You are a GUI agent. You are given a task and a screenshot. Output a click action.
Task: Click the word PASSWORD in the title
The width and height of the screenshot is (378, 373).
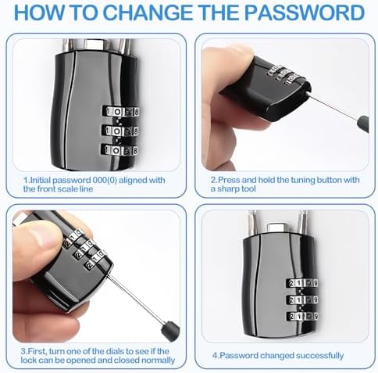click(x=305, y=13)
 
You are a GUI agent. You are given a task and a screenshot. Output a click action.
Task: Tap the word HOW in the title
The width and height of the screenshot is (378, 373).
click(x=40, y=13)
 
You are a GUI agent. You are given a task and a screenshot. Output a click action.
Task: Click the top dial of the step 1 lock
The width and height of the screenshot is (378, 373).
click(x=121, y=112)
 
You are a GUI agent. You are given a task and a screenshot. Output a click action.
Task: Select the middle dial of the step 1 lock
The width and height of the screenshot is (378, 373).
click(x=120, y=131)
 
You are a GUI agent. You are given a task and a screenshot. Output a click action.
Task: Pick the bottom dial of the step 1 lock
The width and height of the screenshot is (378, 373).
click(x=119, y=150)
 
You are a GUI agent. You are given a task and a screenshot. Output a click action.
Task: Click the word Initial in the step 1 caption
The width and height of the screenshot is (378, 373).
click(x=41, y=180)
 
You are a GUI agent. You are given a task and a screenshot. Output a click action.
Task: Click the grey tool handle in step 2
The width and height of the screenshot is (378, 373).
click(x=363, y=124)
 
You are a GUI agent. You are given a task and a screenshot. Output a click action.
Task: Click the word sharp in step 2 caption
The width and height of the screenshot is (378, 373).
click(x=228, y=189)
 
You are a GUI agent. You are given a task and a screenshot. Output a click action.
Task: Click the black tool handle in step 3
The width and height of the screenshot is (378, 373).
click(x=170, y=331)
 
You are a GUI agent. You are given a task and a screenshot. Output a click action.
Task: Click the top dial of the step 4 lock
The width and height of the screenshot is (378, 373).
click(x=302, y=283)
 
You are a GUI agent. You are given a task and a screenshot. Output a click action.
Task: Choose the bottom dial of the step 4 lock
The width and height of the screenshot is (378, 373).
click(x=302, y=317)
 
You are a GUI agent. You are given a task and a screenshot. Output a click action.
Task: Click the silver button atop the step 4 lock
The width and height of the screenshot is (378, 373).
click(x=277, y=228)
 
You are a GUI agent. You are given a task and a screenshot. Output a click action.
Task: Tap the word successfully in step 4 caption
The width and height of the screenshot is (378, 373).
click(x=319, y=356)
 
